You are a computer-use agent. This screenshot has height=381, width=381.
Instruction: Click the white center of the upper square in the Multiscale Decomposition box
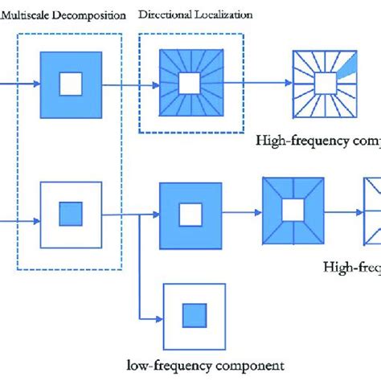click(x=72, y=83)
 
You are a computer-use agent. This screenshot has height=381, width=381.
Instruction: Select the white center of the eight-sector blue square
click(x=293, y=211)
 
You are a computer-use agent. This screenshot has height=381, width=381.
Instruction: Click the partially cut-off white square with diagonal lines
click(x=372, y=211)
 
